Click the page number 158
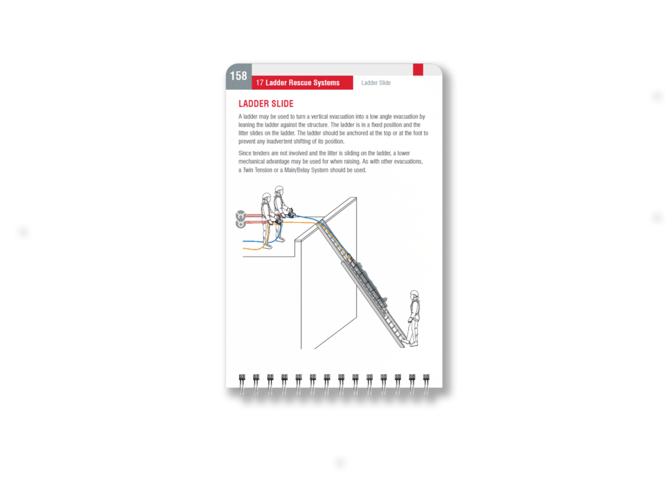point(239,76)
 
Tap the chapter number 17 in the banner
point(259,83)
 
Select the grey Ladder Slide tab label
point(376,83)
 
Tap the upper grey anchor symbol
point(240,214)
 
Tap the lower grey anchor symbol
point(240,224)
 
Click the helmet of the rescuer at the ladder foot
point(413,295)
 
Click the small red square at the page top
point(417,69)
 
